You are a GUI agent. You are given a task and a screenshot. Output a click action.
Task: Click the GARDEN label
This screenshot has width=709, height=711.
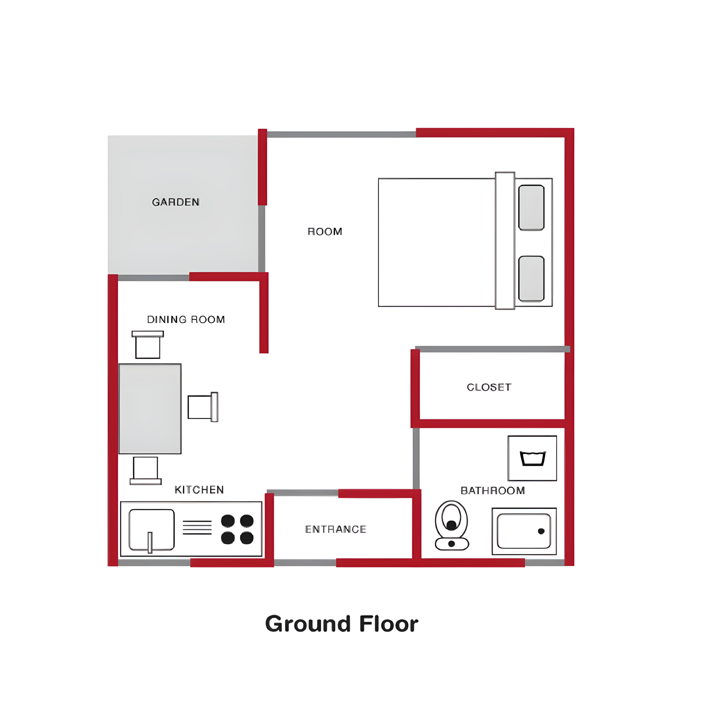click(x=176, y=202)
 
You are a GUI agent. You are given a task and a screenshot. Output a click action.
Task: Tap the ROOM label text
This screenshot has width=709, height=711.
click(x=325, y=231)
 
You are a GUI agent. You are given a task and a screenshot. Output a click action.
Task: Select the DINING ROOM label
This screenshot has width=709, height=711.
click(x=186, y=319)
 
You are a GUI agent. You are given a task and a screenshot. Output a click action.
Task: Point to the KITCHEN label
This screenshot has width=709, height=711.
click(x=199, y=490)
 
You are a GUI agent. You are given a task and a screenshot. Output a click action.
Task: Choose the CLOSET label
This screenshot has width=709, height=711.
click(x=489, y=387)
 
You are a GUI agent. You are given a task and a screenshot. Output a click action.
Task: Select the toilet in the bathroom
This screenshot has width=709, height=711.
click(x=451, y=525)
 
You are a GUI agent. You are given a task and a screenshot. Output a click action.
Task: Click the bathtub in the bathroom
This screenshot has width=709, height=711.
click(x=524, y=531)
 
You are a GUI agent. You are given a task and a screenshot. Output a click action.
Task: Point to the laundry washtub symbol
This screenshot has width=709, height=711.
click(x=532, y=458)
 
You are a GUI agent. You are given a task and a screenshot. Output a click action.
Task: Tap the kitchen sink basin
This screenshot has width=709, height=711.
click(x=152, y=530)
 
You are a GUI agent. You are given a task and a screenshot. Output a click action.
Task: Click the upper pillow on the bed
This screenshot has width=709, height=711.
click(x=531, y=207)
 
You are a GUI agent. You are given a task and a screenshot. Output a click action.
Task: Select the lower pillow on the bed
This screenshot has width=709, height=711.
click(x=531, y=279)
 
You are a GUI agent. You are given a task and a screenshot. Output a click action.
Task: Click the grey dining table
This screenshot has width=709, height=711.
click(x=150, y=409)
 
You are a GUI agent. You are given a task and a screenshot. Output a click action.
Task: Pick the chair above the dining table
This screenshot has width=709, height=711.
click(x=147, y=344)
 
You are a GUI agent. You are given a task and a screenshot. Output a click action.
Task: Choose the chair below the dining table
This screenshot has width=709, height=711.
click(x=146, y=471)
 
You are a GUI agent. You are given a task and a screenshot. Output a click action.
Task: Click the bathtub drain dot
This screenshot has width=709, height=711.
click(x=541, y=531)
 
